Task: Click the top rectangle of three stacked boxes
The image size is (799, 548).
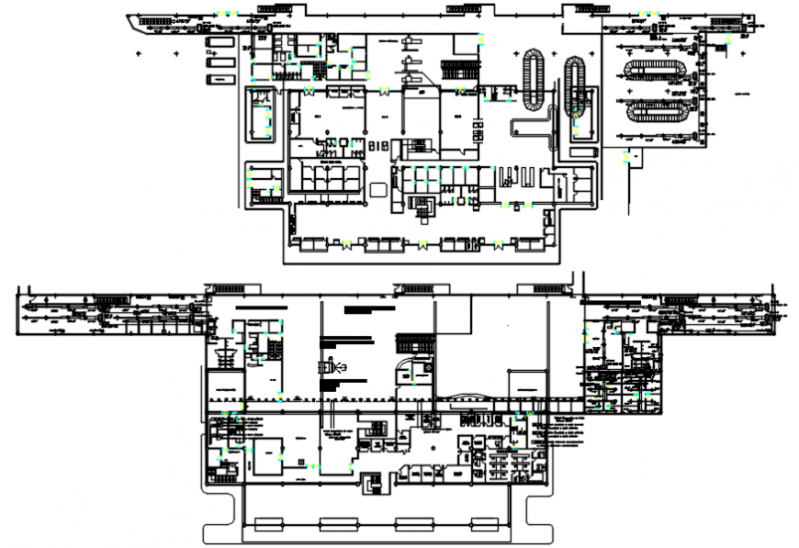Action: click(219, 42)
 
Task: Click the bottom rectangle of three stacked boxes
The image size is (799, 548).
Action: click(219, 79)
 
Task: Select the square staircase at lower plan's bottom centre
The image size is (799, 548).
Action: click(372, 483)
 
